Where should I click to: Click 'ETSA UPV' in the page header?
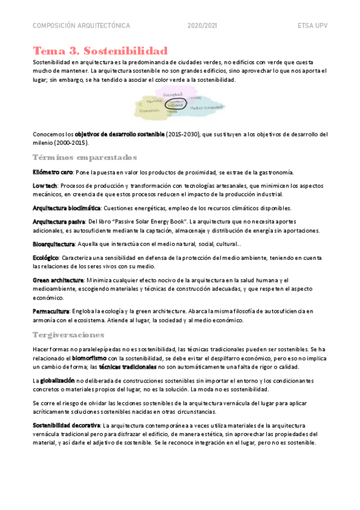pos(312,26)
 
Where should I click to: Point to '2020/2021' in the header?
pos(203,26)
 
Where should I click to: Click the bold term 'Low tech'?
pos(46,186)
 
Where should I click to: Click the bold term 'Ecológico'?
pos(46,259)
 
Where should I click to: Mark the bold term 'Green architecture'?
pos(58,280)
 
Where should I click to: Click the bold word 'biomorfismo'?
pos(90,358)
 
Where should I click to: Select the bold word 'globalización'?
pos(58,381)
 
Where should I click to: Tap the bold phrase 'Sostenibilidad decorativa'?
pos(66,425)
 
